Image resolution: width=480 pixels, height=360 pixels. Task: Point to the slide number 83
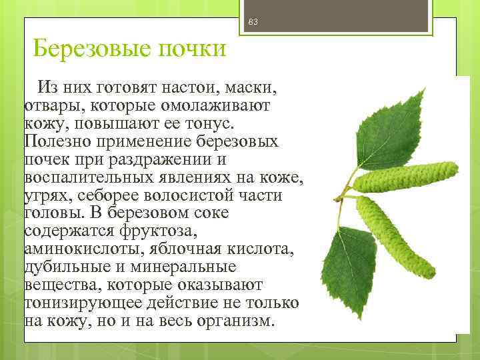252,23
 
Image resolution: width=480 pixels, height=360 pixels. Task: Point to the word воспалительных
86,178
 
